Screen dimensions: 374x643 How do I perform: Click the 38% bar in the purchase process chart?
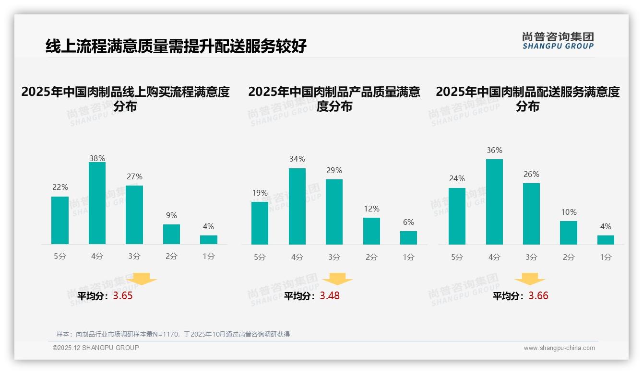coord(97,203)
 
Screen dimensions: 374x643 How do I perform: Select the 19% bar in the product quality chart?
coord(260,223)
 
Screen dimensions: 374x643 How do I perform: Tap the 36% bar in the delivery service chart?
coord(494,202)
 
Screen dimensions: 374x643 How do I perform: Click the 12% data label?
coord(371,209)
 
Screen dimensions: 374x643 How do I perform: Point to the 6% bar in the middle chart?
coord(408,238)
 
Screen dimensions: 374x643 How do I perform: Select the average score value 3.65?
coord(123,296)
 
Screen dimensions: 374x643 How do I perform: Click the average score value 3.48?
coord(330,296)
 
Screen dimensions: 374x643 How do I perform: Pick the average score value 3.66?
coord(538,296)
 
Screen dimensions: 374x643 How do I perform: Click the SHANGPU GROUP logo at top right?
coord(558,41)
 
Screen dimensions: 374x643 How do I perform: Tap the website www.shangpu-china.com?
coord(559,348)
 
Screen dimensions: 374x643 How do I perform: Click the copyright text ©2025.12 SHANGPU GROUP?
coord(96,348)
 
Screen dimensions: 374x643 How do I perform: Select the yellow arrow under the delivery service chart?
coord(530,280)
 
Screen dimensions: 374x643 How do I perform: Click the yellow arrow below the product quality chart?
coord(337,280)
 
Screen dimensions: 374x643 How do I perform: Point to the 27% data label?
coord(134,177)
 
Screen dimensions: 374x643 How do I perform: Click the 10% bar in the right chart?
coord(569,233)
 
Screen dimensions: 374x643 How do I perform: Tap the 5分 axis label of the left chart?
coord(60,257)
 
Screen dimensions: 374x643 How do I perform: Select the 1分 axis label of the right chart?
coord(606,257)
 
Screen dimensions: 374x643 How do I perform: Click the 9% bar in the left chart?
coord(171,234)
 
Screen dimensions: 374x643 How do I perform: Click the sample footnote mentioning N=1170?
coord(173,334)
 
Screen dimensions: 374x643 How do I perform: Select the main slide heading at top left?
coord(176,47)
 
